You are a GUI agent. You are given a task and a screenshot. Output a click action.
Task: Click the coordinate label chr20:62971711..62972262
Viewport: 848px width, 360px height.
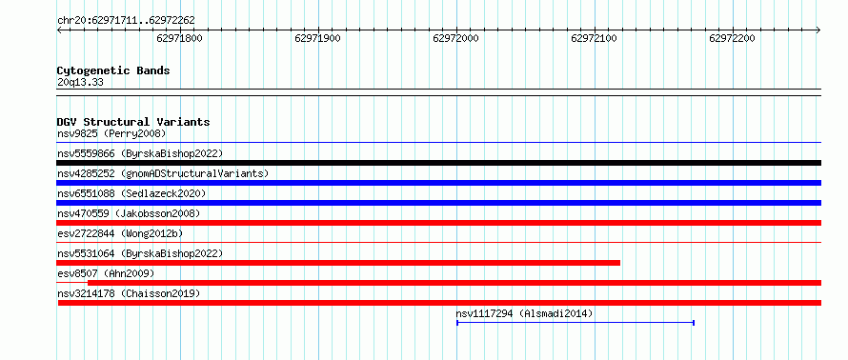click(126, 21)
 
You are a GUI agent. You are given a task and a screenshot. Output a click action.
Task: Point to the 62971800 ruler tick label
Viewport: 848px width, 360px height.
click(180, 38)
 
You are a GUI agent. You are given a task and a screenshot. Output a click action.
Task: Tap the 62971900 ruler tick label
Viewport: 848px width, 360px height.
click(318, 38)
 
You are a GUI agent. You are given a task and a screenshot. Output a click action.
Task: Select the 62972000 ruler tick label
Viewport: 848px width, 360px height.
click(455, 38)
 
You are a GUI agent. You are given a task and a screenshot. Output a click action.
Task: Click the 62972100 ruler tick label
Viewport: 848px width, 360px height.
click(595, 38)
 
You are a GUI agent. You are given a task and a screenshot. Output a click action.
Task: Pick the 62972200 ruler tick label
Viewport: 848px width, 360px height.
click(733, 38)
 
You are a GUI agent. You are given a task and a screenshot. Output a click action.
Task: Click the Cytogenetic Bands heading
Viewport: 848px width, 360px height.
click(113, 70)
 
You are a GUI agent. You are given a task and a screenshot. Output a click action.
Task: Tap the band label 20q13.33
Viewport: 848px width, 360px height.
click(80, 83)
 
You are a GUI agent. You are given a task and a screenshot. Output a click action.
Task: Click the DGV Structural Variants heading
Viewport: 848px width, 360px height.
click(133, 122)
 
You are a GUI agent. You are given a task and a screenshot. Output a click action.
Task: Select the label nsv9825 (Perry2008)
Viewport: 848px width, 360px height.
click(111, 133)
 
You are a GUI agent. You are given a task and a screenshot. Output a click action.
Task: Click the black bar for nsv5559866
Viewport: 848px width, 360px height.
click(438, 163)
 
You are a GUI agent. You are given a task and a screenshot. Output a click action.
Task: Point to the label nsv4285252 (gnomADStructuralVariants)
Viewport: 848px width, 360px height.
click(163, 173)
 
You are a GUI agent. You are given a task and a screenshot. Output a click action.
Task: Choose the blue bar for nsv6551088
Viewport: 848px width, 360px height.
click(438, 203)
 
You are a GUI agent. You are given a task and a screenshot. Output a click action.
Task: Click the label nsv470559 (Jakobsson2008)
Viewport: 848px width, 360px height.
click(129, 213)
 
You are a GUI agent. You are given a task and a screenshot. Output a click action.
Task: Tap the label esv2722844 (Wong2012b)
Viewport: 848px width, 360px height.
click(120, 233)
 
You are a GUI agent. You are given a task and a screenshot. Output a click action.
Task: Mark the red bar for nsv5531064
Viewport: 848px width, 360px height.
click(338, 263)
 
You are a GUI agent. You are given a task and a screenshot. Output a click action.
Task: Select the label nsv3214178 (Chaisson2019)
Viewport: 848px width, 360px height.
click(129, 293)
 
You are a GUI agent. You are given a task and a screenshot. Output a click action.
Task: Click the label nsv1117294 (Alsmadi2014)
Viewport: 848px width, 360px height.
click(524, 313)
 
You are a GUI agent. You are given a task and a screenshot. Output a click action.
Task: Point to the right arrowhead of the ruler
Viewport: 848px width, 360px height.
click(818, 30)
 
